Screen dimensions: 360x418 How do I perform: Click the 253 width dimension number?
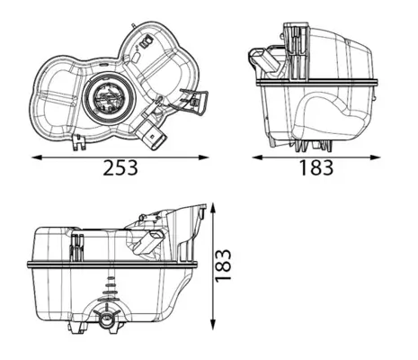(x=120, y=168)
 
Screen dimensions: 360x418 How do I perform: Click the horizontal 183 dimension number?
(x=314, y=168)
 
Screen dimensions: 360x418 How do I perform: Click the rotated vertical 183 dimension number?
(x=225, y=267)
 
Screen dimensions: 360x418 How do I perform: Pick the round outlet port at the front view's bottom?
(x=108, y=319)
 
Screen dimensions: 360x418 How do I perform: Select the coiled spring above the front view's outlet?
(x=110, y=290)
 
